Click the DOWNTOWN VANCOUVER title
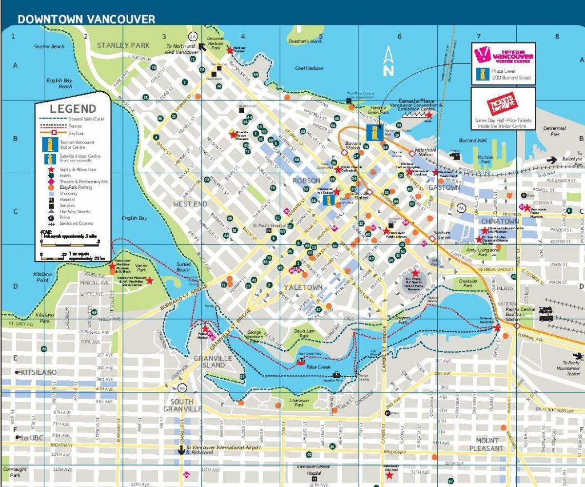86,19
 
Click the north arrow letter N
388,70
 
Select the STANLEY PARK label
123,45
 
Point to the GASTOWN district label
444,187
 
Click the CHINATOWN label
499,221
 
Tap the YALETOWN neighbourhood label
303,287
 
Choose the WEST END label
190,204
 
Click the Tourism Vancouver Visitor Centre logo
503,54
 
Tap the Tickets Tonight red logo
503,103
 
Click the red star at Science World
497,328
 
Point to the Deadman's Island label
305,41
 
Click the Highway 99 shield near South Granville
182,388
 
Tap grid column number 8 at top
557,36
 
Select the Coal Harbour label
309,68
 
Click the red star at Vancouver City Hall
389,475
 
